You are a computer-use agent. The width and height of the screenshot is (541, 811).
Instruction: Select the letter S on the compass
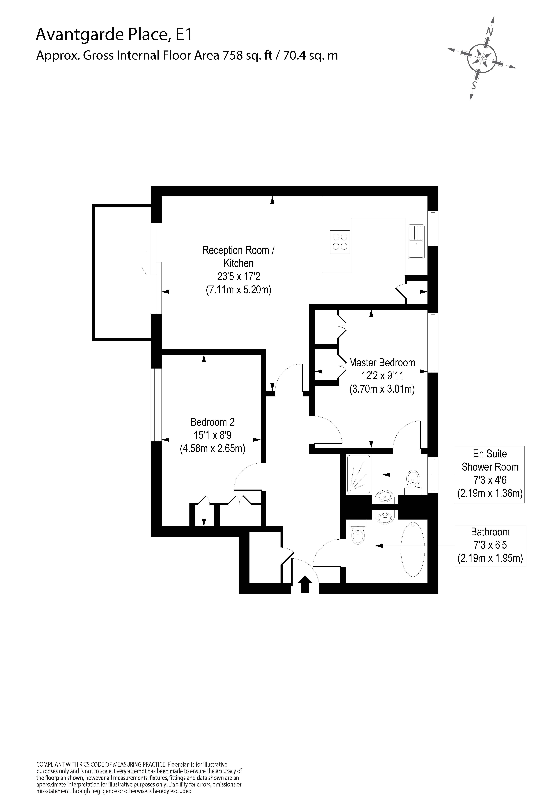(475, 85)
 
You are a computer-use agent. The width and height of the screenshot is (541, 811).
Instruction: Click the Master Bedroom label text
(382, 363)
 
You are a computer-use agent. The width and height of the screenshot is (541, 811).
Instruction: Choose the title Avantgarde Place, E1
(114, 35)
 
